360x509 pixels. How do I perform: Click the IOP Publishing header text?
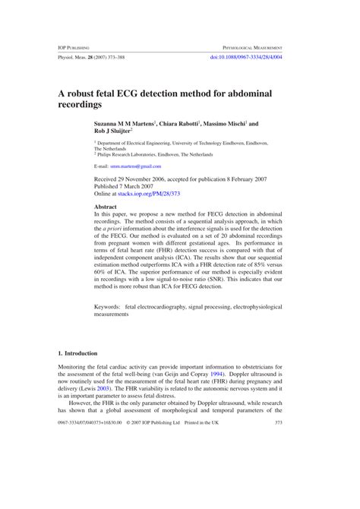[75, 46]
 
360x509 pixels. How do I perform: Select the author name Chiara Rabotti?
[181, 122]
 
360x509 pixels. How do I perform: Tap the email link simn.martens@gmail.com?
[135, 165]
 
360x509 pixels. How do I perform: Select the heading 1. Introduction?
[77, 353]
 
